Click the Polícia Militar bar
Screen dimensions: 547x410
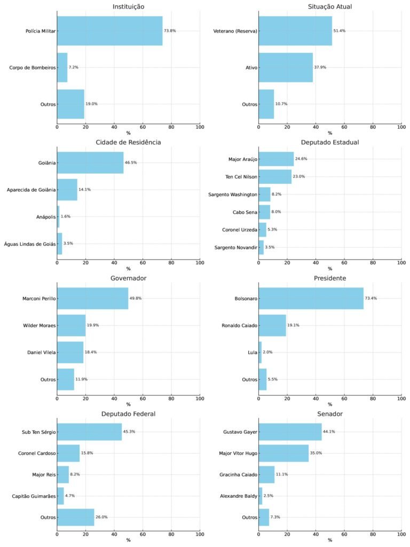pos(109,30)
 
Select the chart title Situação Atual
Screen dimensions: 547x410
pos(329,6)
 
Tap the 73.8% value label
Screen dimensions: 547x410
pos(170,31)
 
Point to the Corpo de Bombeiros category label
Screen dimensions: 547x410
pos(32,67)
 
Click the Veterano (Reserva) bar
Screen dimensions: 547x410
pos(295,30)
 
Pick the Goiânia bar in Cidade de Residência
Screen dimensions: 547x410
pos(90,162)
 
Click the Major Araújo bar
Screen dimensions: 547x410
pos(276,159)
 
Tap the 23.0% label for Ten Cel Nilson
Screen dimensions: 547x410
pos(298,176)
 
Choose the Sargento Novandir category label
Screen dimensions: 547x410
pos(235,247)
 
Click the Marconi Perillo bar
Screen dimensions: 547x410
pos(92,298)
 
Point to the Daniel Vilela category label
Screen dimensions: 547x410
pos(41,352)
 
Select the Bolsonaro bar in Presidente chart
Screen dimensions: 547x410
pos(311,298)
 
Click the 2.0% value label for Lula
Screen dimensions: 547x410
pos(267,352)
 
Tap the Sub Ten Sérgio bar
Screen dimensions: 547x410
pos(89,432)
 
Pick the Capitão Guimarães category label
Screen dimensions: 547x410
pos(33,496)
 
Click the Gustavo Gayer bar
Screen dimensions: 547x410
pos(290,432)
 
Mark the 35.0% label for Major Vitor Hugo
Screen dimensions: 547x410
pos(316,453)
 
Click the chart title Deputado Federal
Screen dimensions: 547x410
pos(128,413)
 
